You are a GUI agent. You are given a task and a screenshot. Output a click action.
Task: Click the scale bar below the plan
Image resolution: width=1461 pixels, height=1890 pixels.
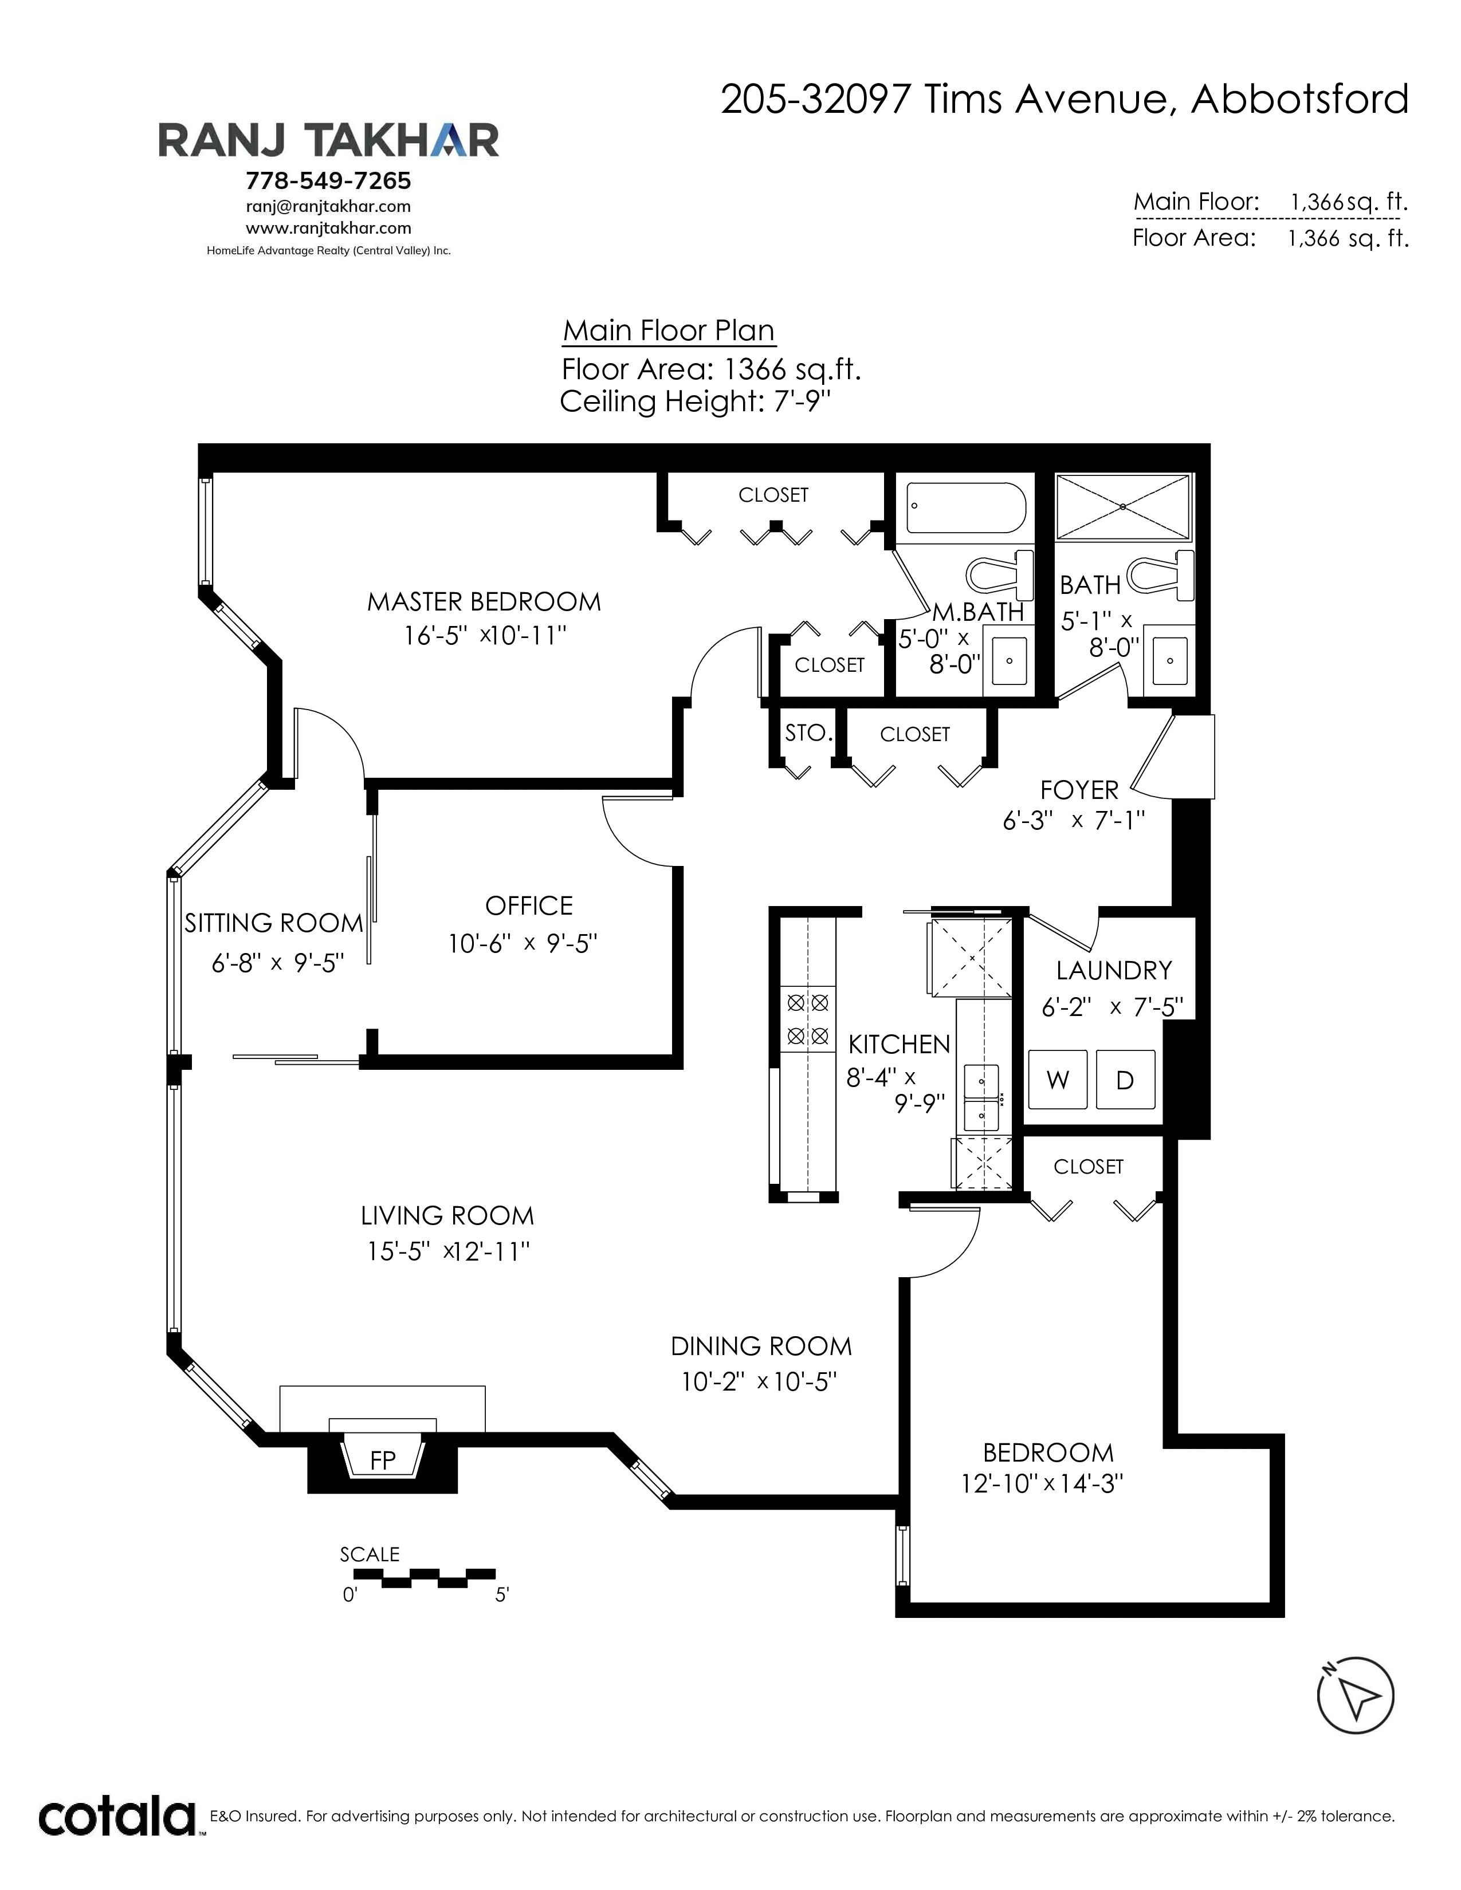424,1578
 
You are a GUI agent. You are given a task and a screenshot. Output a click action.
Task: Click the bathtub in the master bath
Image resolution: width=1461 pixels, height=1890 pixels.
966,508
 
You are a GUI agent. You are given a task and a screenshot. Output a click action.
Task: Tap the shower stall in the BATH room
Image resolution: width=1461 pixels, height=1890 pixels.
1124,507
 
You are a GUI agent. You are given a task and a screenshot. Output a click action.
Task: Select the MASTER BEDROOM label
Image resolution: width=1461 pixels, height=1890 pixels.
484,601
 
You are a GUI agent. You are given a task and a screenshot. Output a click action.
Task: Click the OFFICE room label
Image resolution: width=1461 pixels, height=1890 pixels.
529,906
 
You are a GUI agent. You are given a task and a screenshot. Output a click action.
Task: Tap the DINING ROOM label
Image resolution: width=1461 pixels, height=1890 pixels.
761,1346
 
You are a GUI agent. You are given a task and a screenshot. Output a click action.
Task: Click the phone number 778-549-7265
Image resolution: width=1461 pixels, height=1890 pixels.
329,181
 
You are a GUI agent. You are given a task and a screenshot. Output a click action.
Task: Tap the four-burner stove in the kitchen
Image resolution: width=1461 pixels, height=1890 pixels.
807,1019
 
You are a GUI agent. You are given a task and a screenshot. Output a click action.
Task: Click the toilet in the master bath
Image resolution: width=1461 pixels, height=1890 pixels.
1000,574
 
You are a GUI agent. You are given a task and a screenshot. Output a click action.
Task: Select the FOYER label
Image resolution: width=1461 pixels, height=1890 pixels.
1079,790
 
